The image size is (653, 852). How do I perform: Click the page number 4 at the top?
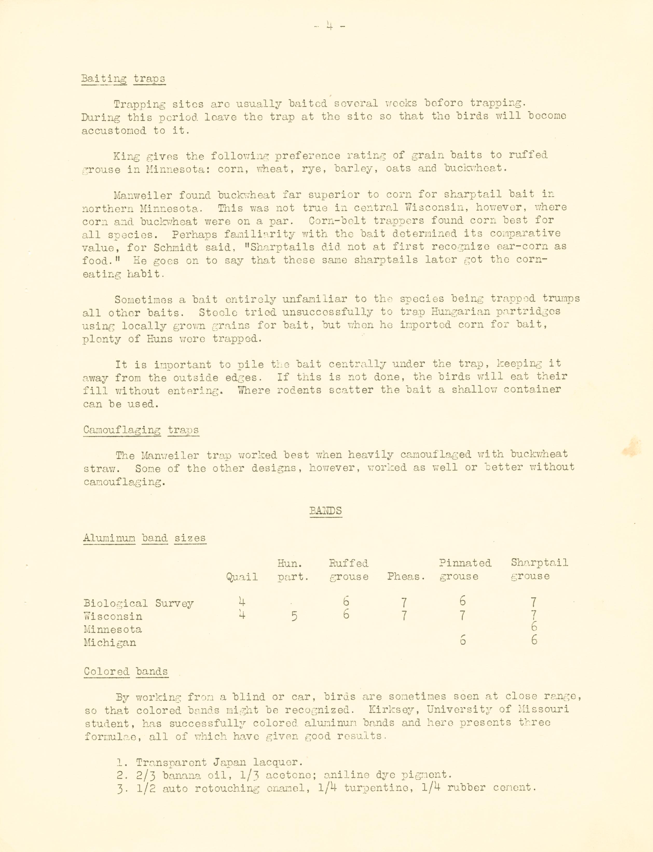point(329,26)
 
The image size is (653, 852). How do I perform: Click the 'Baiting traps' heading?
point(123,79)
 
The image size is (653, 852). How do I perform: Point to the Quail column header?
point(242,577)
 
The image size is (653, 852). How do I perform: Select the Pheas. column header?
point(406,577)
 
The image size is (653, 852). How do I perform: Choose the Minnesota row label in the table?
point(113,629)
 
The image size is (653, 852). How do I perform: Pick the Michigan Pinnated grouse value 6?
point(462,640)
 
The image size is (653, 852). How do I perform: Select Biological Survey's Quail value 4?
point(242,602)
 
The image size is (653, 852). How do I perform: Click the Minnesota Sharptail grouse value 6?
point(534,627)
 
